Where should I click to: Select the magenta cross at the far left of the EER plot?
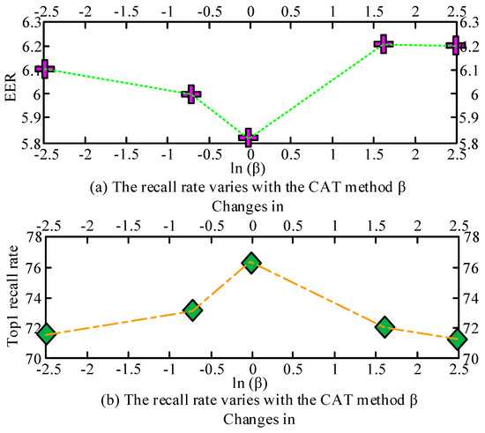46,68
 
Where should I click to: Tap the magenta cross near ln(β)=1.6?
383,43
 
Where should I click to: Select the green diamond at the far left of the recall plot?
46,333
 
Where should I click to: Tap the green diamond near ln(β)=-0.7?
193,309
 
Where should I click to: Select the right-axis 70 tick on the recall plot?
465,359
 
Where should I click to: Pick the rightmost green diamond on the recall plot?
456,340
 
